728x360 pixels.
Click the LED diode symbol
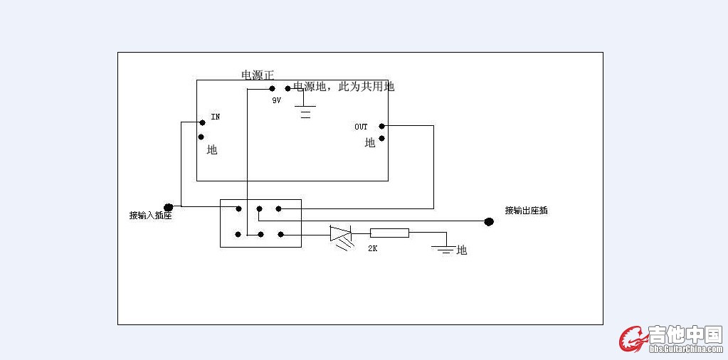tap(341, 233)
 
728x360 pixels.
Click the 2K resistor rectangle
tap(389, 233)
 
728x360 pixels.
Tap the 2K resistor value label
tap(372, 248)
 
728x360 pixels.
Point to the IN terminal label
tap(215, 116)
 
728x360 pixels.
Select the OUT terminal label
tap(362, 127)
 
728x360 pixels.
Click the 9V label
tap(276, 101)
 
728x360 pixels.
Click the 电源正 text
tap(258, 75)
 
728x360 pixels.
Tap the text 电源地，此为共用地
tap(344, 86)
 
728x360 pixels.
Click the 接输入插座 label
tap(150, 215)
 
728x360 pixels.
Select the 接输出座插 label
tap(526, 211)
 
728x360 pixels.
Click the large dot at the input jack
tap(169, 207)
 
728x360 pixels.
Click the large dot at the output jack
tap(489, 221)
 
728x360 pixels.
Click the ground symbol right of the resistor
tap(445, 249)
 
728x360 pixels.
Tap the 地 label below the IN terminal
tap(212, 150)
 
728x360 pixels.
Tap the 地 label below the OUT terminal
tap(370, 143)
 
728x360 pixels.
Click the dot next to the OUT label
tap(382, 126)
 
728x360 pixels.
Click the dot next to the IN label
tap(202, 122)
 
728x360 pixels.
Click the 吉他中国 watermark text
tap(685, 334)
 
